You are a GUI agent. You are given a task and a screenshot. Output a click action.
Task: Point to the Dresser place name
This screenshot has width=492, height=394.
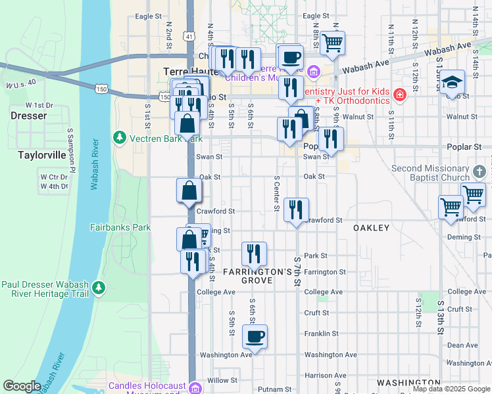(x=29, y=116)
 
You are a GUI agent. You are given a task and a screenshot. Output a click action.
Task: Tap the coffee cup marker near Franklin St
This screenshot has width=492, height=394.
(x=255, y=336)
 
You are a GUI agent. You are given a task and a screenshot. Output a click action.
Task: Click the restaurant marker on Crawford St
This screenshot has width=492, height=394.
(x=296, y=210)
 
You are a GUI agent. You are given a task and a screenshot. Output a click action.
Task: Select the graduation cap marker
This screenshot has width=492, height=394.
(x=451, y=82)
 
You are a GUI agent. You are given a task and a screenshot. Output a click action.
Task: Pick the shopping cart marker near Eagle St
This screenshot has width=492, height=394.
(x=332, y=43)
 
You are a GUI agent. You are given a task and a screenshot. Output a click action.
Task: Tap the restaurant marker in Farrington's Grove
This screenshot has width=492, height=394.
(x=254, y=253)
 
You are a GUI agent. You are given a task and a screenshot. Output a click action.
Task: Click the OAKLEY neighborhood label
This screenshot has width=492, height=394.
(x=372, y=228)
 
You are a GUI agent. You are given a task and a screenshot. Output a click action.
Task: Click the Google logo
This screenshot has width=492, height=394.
(x=22, y=386)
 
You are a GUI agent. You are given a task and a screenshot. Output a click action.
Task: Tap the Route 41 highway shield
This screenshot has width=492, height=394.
(x=189, y=36)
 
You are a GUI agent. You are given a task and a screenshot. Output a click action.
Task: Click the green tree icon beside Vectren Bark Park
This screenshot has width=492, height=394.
(x=120, y=137)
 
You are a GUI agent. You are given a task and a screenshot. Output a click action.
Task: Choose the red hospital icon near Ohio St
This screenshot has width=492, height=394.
(x=399, y=96)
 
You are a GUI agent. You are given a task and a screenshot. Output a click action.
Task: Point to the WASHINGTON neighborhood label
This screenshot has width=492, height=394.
(x=408, y=382)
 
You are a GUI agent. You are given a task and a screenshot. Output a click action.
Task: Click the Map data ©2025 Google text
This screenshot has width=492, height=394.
(x=451, y=389)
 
